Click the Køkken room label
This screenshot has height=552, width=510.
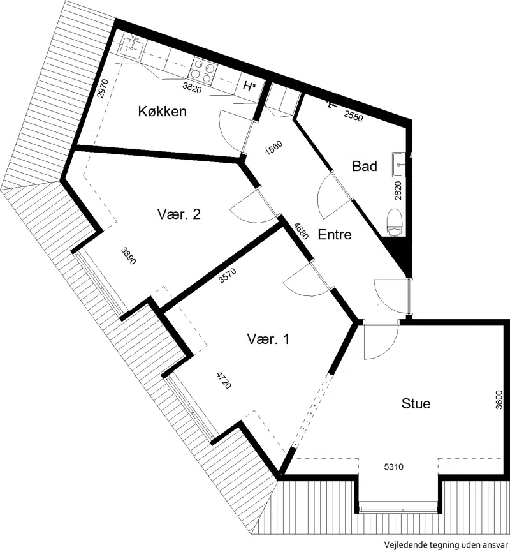(162, 111)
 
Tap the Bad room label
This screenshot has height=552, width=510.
(365, 166)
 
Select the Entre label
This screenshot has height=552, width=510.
(335, 234)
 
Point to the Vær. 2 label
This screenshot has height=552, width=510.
(179, 214)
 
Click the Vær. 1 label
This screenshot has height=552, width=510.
(268, 339)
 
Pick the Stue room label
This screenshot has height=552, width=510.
(416, 403)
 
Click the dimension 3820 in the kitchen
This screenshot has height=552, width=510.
(192, 87)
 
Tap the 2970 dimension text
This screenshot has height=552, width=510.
(103, 89)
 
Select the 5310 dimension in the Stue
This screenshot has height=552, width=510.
(393, 466)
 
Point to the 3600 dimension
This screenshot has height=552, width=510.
(499, 400)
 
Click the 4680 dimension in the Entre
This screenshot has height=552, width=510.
(302, 231)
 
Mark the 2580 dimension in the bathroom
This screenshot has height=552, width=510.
(353, 116)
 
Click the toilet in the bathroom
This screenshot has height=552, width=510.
(394, 222)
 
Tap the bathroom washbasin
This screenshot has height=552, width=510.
(399, 165)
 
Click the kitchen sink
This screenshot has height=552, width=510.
(131, 46)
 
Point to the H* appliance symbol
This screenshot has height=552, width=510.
(249, 86)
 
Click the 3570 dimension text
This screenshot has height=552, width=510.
(228, 275)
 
